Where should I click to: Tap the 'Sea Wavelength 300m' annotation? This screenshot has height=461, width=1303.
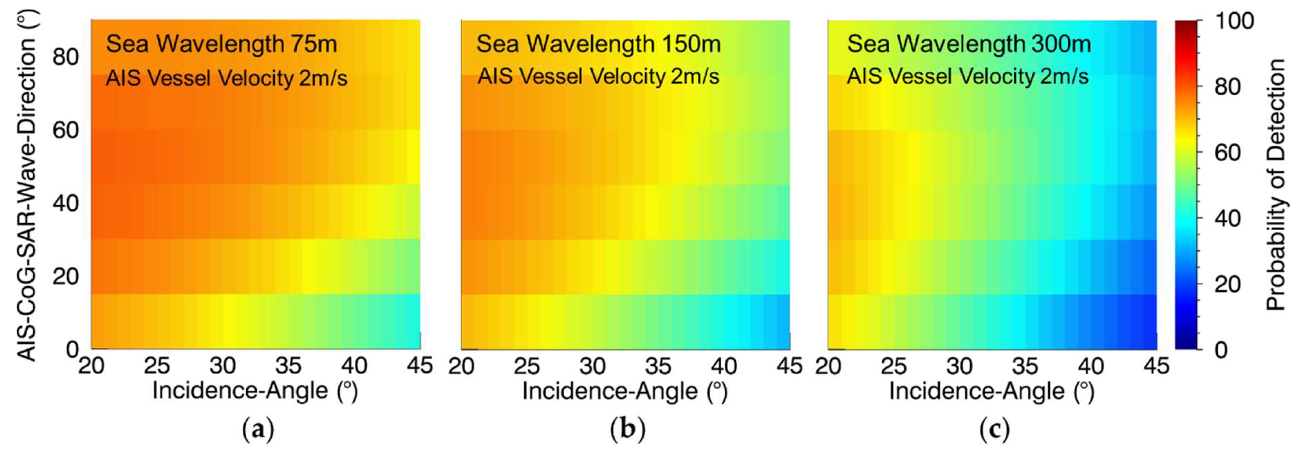(969, 44)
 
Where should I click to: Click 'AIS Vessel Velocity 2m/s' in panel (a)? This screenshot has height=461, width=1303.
(226, 78)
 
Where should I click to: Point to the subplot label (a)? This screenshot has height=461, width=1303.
(258, 430)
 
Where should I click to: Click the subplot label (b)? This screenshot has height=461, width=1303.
(628, 430)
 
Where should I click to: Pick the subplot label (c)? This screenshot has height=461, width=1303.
(995, 430)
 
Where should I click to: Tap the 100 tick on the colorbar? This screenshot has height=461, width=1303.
(1234, 21)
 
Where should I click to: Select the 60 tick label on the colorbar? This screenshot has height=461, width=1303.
(1227, 152)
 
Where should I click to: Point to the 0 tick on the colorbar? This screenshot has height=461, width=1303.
(1221, 350)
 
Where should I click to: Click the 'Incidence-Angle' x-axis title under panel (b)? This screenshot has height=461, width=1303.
(625, 391)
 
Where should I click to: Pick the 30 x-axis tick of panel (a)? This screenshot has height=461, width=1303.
(222, 365)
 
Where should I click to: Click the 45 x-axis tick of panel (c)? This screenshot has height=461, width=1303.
(1156, 365)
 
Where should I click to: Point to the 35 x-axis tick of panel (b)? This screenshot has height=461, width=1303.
(658, 365)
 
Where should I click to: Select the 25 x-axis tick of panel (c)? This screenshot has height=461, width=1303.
(894, 365)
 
